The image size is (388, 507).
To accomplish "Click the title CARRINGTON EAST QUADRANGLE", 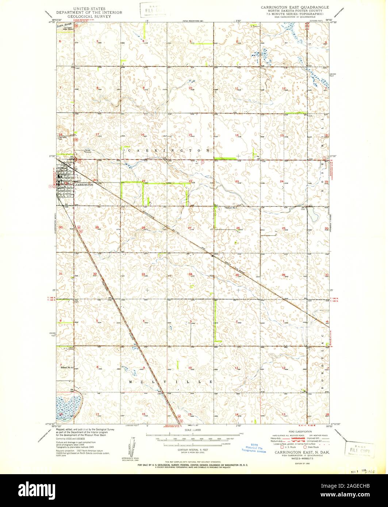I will click(294, 7).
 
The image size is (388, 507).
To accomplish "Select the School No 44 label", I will click(68, 367).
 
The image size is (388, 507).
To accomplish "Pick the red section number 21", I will click(144, 181).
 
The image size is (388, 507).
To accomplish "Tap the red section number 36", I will click(283, 274).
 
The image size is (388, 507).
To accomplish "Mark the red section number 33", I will click(144, 274).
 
